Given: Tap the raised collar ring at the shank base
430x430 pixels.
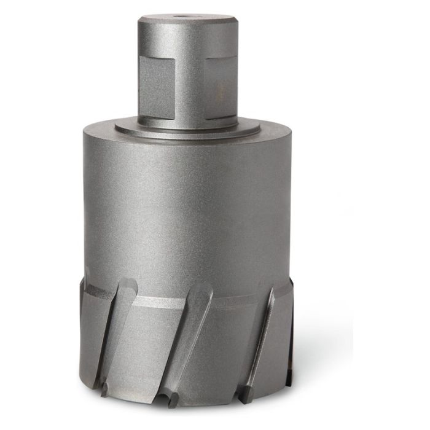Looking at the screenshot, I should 184,123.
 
